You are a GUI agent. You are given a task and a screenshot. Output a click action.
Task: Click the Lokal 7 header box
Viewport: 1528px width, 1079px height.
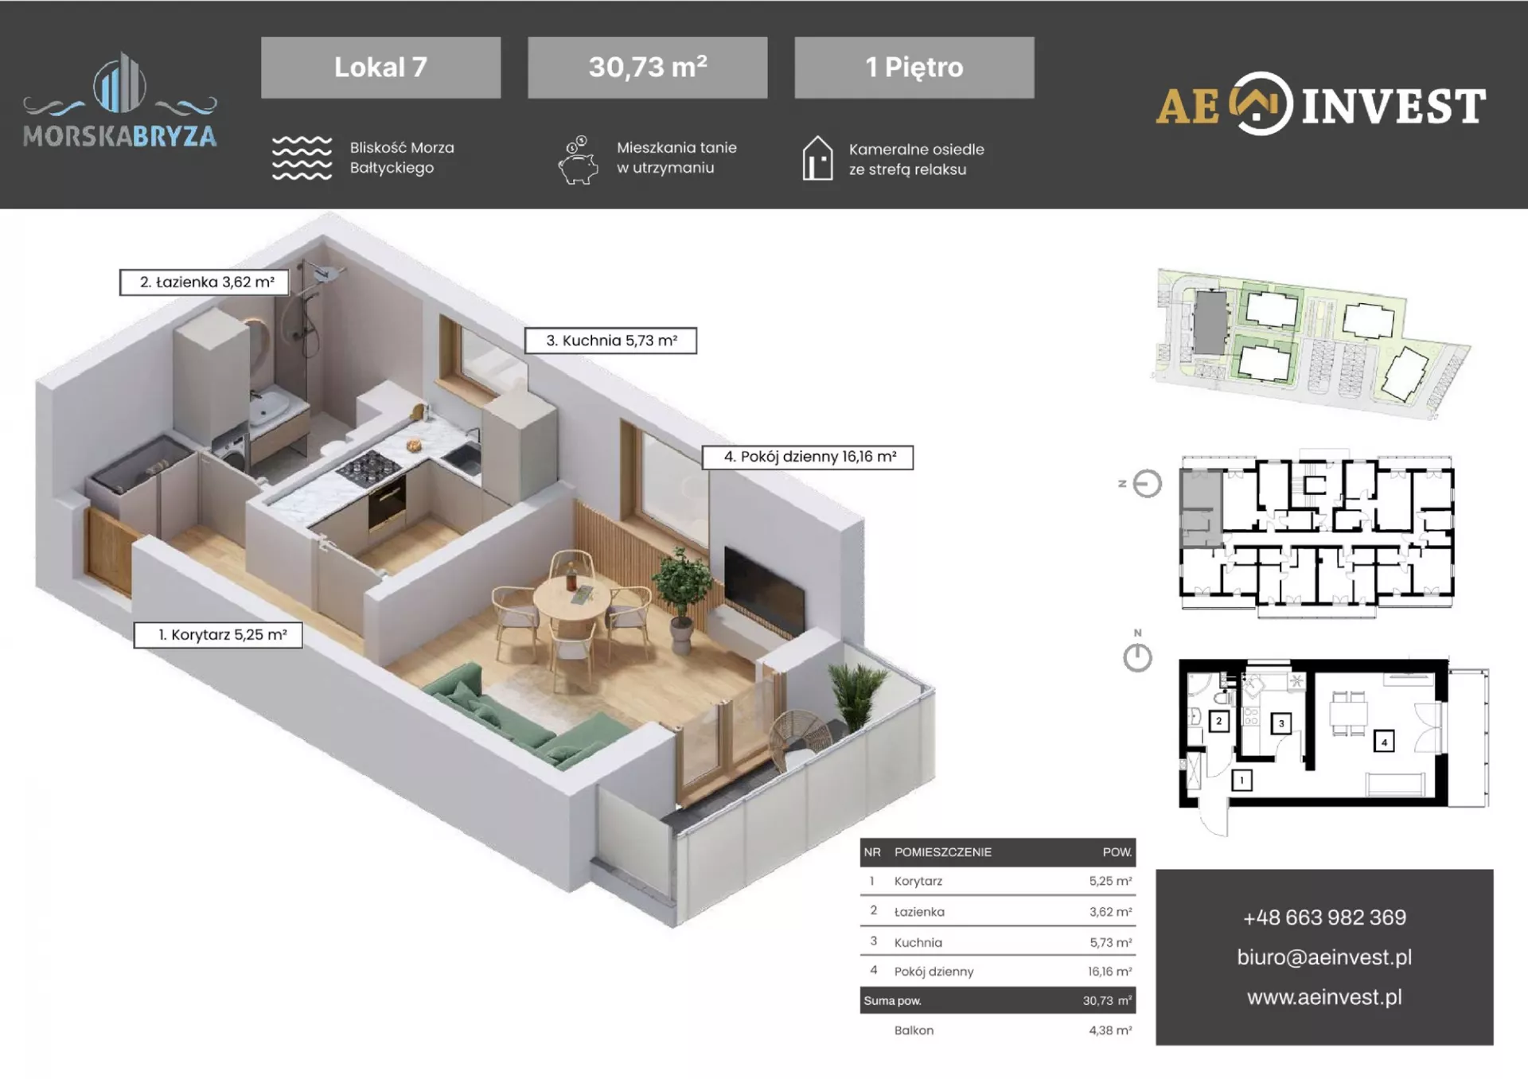pos(380,68)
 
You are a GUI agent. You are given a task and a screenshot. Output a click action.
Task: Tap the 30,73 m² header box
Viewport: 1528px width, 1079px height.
pos(647,68)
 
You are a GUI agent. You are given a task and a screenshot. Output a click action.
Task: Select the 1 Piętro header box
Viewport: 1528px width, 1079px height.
pos(914,68)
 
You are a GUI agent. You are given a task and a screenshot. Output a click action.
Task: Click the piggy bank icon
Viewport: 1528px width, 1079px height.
pos(579,161)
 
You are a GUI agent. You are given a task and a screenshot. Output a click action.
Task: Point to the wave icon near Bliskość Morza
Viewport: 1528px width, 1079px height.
pos(302,158)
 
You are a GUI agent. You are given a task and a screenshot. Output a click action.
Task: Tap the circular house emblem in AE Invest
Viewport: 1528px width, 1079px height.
pos(1261,104)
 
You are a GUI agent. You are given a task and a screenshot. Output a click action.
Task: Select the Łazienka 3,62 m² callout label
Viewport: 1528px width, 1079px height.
pos(204,282)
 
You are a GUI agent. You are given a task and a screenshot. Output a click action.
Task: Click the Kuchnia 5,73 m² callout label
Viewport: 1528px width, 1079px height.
pos(610,341)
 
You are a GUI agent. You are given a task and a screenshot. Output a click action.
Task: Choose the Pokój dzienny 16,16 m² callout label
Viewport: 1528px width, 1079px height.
pos(808,457)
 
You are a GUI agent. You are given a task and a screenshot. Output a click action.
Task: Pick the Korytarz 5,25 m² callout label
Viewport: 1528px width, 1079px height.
pos(218,635)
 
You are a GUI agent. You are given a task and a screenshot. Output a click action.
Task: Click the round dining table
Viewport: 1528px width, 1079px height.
pos(571,598)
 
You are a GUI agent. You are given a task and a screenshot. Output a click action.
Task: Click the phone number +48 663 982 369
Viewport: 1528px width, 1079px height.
pos(1324,917)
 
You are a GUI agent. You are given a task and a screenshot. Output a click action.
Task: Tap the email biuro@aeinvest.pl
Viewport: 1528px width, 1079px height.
pos(1324,957)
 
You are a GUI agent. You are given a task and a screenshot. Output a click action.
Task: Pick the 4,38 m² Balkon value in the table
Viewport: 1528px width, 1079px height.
pos(1110,1030)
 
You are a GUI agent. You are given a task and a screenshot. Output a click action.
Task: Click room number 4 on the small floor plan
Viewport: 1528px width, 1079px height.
pos(1384,742)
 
